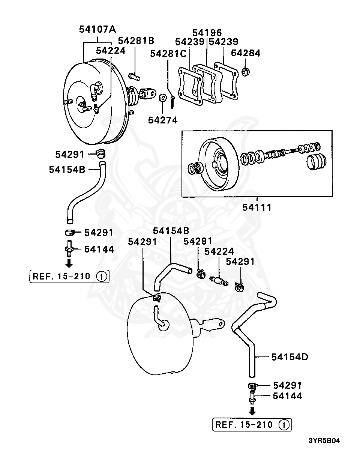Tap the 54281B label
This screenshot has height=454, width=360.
136,41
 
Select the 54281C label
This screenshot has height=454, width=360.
168,54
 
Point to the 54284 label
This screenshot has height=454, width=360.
245,53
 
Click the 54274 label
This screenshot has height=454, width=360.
162,120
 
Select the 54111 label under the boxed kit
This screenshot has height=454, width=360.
257,207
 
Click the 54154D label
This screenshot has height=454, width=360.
289,356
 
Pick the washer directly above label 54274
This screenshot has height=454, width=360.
163,98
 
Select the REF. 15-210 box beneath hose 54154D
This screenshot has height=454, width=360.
252,425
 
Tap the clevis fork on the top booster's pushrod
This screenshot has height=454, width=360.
148,93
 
